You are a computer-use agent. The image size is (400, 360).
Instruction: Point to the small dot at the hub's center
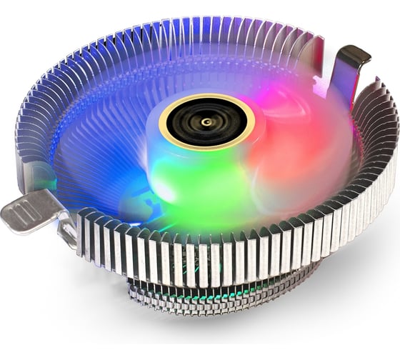click(206, 121)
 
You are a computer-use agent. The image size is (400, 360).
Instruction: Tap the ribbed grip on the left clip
click(21, 214)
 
